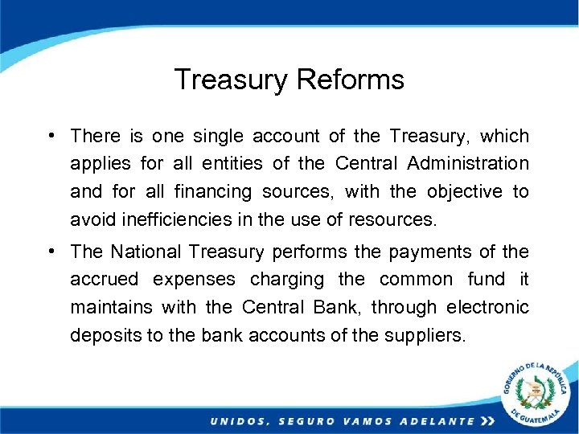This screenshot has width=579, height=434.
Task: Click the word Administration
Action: (x=468, y=164)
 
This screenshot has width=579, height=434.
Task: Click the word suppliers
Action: (x=426, y=335)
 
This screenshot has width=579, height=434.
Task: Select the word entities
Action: (x=232, y=164)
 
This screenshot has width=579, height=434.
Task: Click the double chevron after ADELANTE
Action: (x=487, y=421)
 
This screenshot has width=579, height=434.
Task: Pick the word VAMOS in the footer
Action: (x=365, y=421)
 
